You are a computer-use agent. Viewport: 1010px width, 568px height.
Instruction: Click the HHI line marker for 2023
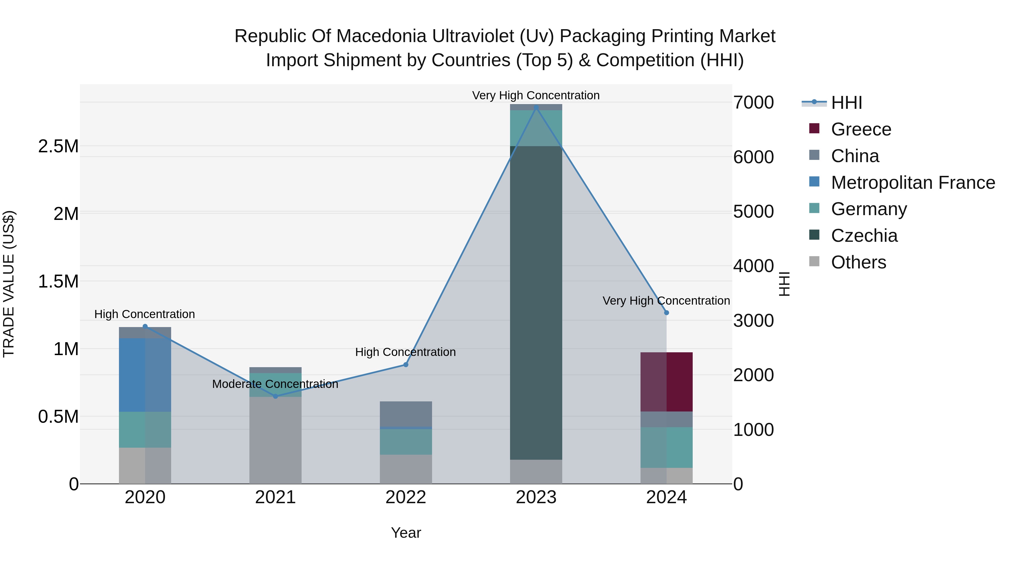pos(536,107)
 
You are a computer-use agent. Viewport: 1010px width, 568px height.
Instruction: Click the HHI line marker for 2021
pos(275,396)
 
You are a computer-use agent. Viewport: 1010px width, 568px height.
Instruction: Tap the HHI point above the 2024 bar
pos(666,312)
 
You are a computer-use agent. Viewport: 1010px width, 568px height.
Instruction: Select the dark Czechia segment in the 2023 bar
pos(536,302)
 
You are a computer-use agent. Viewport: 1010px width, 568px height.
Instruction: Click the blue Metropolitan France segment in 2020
pos(145,374)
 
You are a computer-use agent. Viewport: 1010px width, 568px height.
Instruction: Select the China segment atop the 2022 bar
pos(405,413)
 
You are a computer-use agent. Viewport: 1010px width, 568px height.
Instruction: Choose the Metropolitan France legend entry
pos(912,183)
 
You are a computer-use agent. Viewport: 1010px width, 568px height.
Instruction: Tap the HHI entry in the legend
pos(846,103)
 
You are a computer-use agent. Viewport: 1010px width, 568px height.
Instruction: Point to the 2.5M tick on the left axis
pos(58,146)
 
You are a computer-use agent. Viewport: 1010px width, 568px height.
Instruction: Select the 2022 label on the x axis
pos(405,497)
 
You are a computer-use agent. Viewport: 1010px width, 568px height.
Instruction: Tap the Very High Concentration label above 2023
pos(536,95)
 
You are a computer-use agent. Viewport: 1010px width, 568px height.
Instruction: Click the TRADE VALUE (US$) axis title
pos(9,284)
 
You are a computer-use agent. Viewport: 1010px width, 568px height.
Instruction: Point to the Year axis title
pos(405,533)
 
